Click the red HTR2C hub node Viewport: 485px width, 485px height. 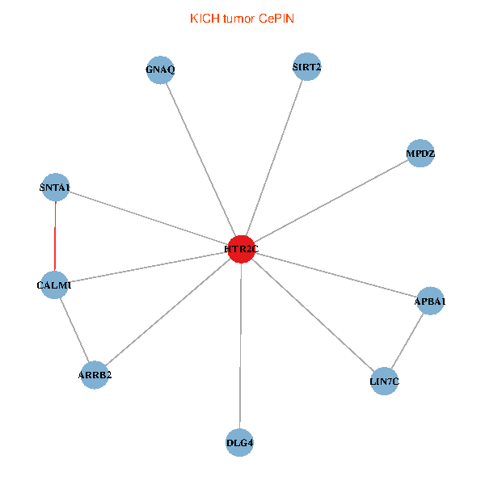click(x=241, y=249)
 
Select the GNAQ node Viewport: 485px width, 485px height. click(x=160, y=70)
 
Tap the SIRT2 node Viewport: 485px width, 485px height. click(x=307, y=67)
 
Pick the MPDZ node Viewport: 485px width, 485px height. click(x=421, y=153)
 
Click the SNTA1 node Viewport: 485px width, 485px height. click(x=55, y=188)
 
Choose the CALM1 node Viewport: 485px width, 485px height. click(x=54, y=285)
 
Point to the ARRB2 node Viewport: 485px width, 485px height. click(x=95, y=375)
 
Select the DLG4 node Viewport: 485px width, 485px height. click(x=240, y=442)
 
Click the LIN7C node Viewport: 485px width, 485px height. click(x=385, y=380)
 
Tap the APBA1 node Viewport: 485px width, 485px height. click(x=430, y=302)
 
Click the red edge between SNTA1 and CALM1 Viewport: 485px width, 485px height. click(x=55, y=236)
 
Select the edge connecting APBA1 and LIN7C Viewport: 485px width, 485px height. click(x=407, y=340)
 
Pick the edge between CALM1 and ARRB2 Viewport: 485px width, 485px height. click(x=74, y=330)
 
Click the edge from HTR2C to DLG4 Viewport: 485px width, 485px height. click(x=240, y=348)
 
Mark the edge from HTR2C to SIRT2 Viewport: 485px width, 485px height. click(x=274, y=158)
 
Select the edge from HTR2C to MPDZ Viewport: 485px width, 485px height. click(x=331, y=200)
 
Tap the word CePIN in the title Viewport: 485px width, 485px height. click(x=276, y=18)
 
